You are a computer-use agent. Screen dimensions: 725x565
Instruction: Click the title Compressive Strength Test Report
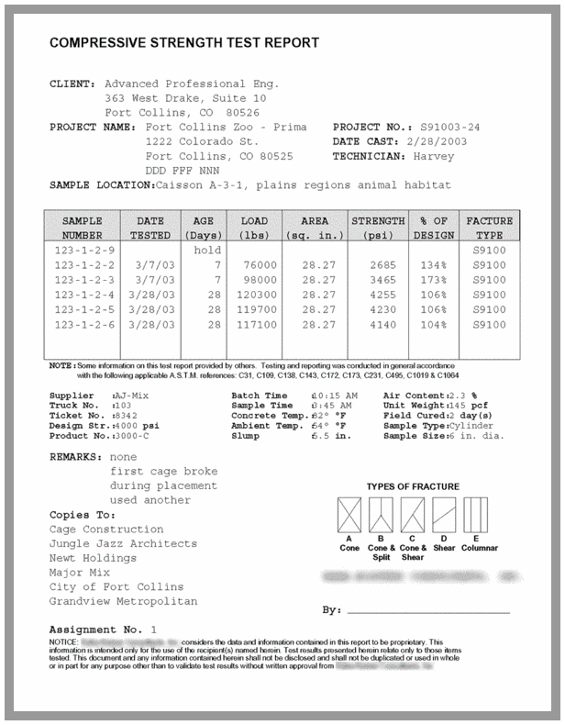(x=184, y=42)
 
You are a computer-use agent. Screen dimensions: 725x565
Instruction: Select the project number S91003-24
(x=450, y=127)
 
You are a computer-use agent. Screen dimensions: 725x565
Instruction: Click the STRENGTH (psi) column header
(x=378, y=228)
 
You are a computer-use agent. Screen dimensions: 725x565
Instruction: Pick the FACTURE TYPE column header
(x=489, y=228)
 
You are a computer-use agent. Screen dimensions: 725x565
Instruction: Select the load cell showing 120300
(x=253, y=295)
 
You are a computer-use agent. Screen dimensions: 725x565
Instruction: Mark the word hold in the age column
(x=207, y=250)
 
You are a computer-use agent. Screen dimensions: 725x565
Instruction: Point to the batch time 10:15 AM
(x=334, y=395)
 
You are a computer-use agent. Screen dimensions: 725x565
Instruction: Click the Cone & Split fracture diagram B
(x=382, y=515)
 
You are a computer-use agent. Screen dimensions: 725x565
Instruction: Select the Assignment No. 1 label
(x=103, y=630)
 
